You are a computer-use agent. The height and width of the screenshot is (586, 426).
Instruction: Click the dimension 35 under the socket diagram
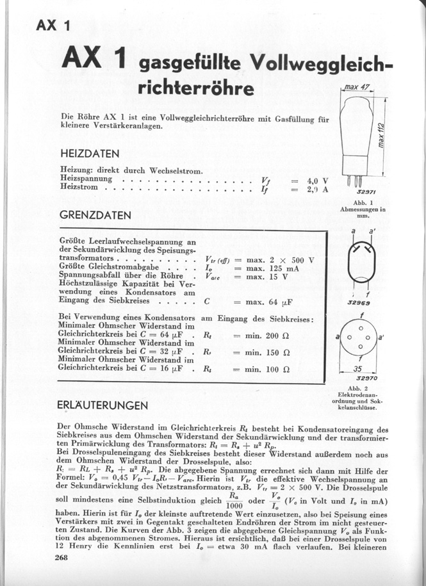[360, 369]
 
